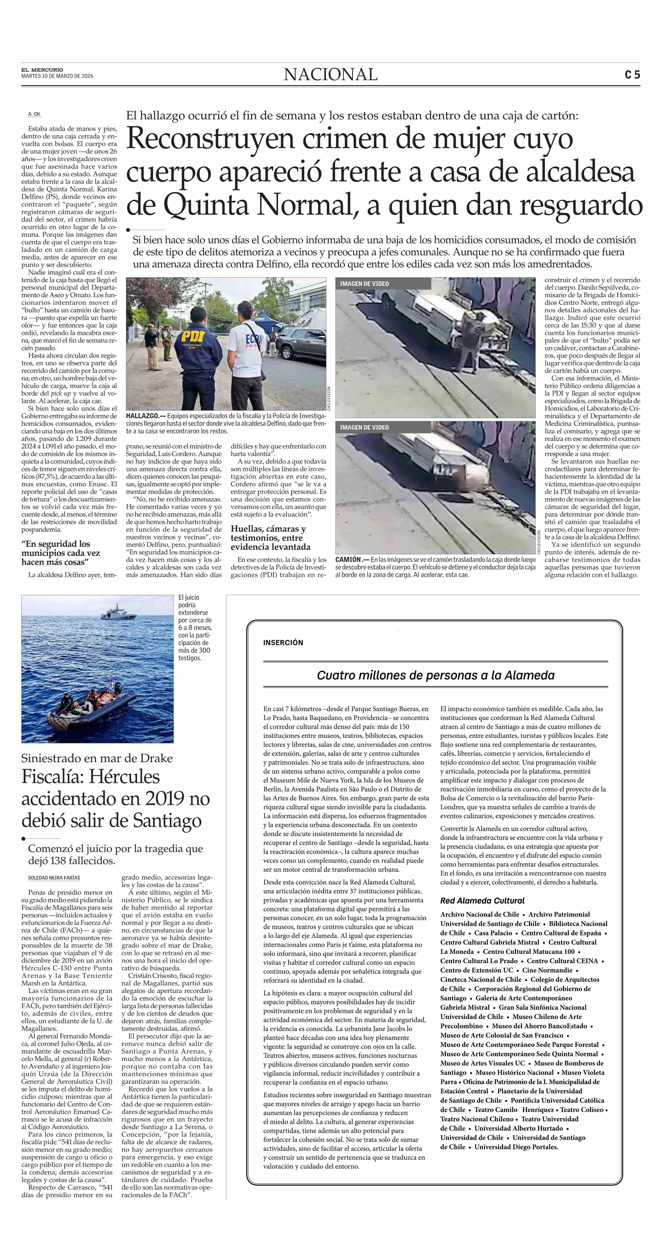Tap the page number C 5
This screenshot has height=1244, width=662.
(x=632, y=75)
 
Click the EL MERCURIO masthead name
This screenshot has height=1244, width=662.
(x=42, y=70)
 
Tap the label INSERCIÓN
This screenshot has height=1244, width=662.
(x=283, y=642)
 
